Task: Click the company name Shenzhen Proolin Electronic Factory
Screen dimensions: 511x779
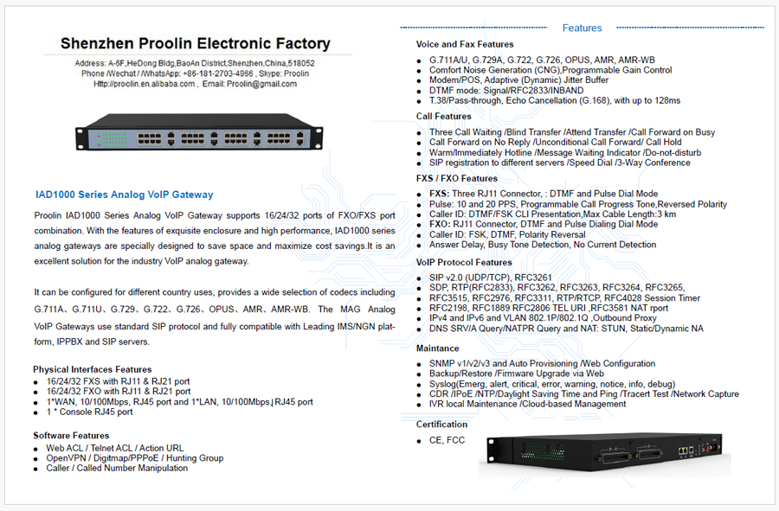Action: pos(195,43)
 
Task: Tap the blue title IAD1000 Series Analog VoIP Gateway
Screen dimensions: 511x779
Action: pos(124,195)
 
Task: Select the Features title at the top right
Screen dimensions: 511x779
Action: pos(582,28)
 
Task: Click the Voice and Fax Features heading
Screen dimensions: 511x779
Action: pos(465,44)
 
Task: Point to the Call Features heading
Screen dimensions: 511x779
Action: pos(444,116)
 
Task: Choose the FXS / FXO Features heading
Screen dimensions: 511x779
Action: pos(457,178)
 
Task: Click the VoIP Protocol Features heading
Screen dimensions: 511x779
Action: pos(464,262)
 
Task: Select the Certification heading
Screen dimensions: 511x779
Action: pos(441,425)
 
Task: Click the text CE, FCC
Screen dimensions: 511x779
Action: pos(447,440)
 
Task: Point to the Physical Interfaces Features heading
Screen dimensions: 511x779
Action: pos(93,369)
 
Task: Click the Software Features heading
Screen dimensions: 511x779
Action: pos(71,435)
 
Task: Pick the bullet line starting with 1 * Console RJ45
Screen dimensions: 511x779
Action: pos(90,412)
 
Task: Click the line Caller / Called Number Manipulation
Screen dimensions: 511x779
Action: pos(117,468)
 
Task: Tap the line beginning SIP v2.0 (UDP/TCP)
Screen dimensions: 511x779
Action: pos(491,277)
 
